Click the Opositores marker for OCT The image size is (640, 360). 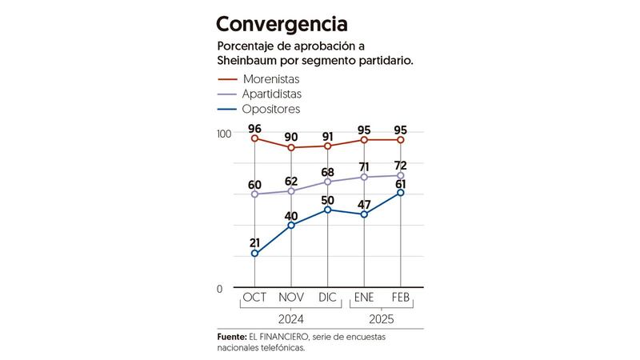[x=255, y=254]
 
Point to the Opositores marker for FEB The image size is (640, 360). [x=401, y=192]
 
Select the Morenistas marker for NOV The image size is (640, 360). [x=291, y=148]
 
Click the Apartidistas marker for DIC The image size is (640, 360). [x=328, y=182]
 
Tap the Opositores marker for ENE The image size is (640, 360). [x=364, y=214]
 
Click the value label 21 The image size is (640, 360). [x=255, y=242]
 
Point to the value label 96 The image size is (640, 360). [x=255, y=128]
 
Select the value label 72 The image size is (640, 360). [x=401, y=166]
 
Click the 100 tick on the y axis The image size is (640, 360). [x=224, y=133]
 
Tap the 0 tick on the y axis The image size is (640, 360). [x=219, y=289]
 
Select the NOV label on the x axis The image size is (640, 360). [x=291, y=298]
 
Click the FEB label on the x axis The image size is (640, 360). [x=401, y=298]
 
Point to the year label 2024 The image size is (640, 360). [x=291, y=318]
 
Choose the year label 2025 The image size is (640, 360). [x=382, y=318]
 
